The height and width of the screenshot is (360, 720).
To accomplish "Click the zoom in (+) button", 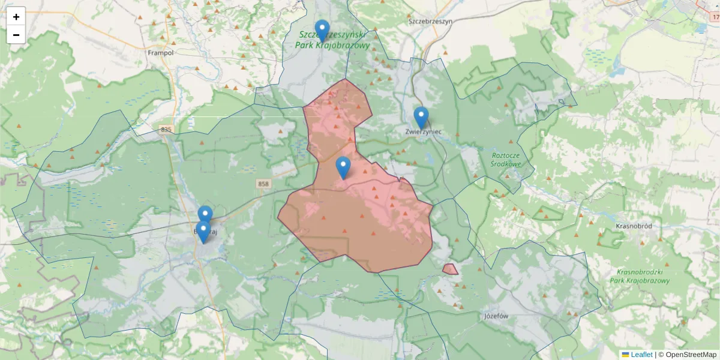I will (16, 17).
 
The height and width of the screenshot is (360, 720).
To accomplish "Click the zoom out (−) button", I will (16, 35).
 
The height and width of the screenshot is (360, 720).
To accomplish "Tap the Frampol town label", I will (160, 53).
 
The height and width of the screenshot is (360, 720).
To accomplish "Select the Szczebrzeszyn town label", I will (430, 20).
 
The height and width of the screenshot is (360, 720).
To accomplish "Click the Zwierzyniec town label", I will (424, 131).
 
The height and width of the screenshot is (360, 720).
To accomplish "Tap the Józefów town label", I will (496, 316).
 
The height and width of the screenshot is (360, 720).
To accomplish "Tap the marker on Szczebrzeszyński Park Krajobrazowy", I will (322, 30).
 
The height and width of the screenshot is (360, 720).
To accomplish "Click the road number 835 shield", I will (166, 130).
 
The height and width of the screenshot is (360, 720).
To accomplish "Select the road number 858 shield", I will (263, 184).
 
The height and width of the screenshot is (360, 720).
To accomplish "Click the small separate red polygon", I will (450, 269).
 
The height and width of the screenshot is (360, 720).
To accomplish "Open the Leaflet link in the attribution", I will (641, 355).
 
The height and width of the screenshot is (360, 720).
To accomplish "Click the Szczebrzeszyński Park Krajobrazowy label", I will (334, 40).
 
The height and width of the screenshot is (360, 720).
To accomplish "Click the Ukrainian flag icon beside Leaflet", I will (625, 355).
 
